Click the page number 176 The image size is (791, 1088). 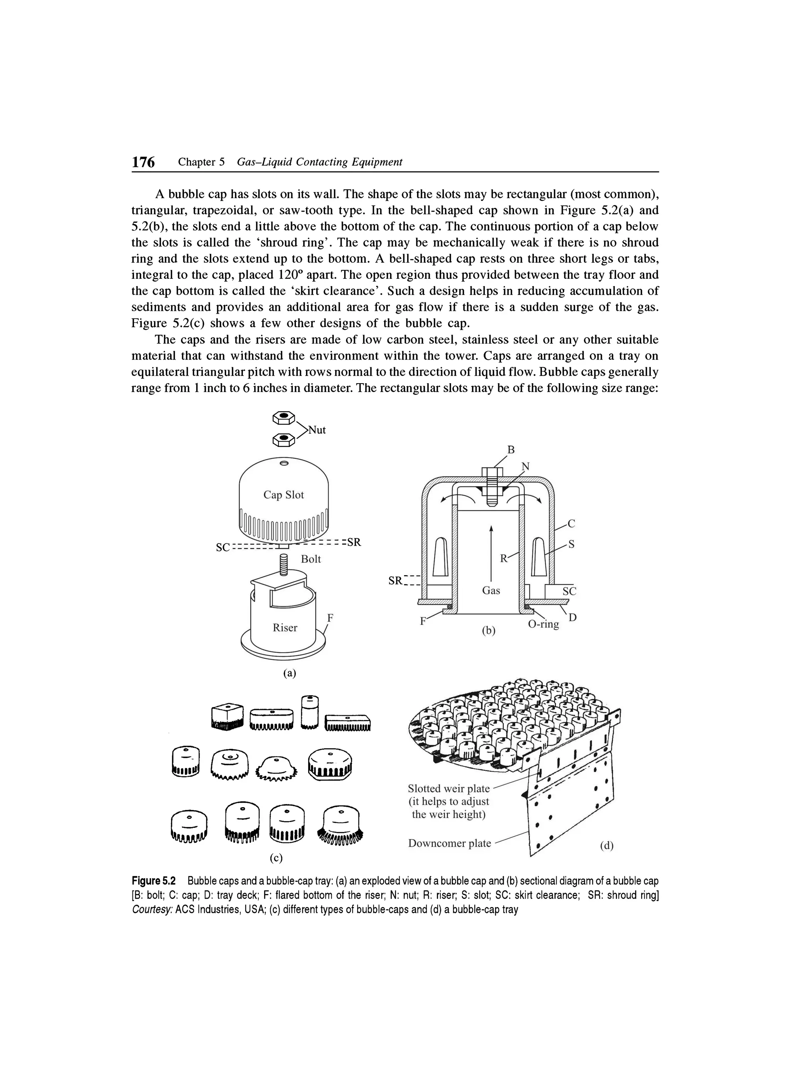tap(143, 163)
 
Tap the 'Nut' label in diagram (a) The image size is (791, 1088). tap(317, 430)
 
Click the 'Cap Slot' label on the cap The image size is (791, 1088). tap(283, 495)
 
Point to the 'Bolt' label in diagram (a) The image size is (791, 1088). tap(311, 559)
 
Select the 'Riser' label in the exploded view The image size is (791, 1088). tap(285, 628)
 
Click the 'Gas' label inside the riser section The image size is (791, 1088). tap(491, 591)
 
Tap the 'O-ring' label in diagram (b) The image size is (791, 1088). tap(543, 624)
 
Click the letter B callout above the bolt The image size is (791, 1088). tap(511, 450)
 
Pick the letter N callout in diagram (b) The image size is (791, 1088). tap(526, 466)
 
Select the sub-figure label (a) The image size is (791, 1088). tap(289, 674)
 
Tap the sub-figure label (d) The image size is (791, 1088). tap(606, 846)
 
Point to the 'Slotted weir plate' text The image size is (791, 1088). tap(448, 789)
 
